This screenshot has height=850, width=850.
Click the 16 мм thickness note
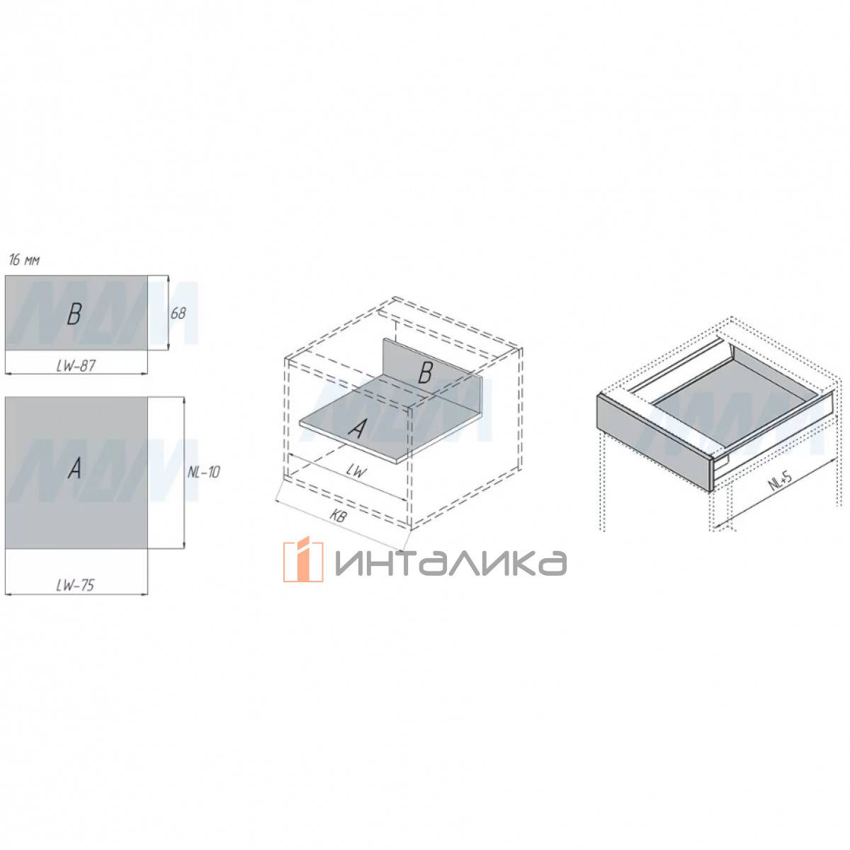pyautogui.click(x=24, y=261)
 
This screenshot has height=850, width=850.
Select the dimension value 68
pyautogui.click(x=178, y=314)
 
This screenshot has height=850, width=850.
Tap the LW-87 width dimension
pyautogui.click(x=76, y=365)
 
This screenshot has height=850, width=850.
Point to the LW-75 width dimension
pyautogui.click(x=75, y=585)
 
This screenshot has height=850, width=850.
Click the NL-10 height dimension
pyautogui.click(x=203, y=472)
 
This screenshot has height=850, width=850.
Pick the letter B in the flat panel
pyautogui.click(x=74, y=314)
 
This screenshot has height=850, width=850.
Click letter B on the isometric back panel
pyautogui.click(x=425, y=373)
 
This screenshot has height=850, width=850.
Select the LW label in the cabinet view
pyautogui.click(x=356, y=472)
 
